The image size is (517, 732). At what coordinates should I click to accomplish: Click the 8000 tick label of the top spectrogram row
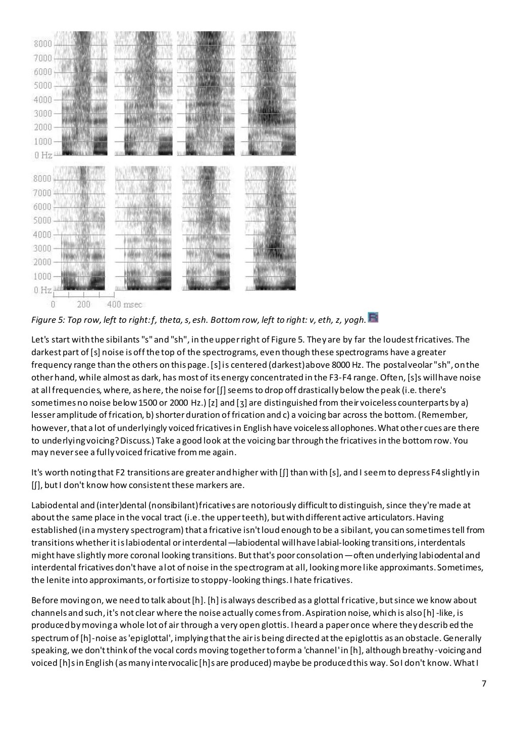[42, 43]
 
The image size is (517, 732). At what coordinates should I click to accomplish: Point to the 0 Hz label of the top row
[43, 155]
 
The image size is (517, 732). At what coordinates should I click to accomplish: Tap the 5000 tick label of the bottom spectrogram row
[42, 221]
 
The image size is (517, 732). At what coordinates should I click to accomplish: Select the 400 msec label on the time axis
[125, 305]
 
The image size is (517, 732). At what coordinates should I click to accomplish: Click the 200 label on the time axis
[84, 305]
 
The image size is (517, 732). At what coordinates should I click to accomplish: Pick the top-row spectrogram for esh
[269, 93]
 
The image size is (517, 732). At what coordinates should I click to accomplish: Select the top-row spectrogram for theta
[144, 93]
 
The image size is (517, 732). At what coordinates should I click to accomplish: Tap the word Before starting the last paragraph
[44, 601]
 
